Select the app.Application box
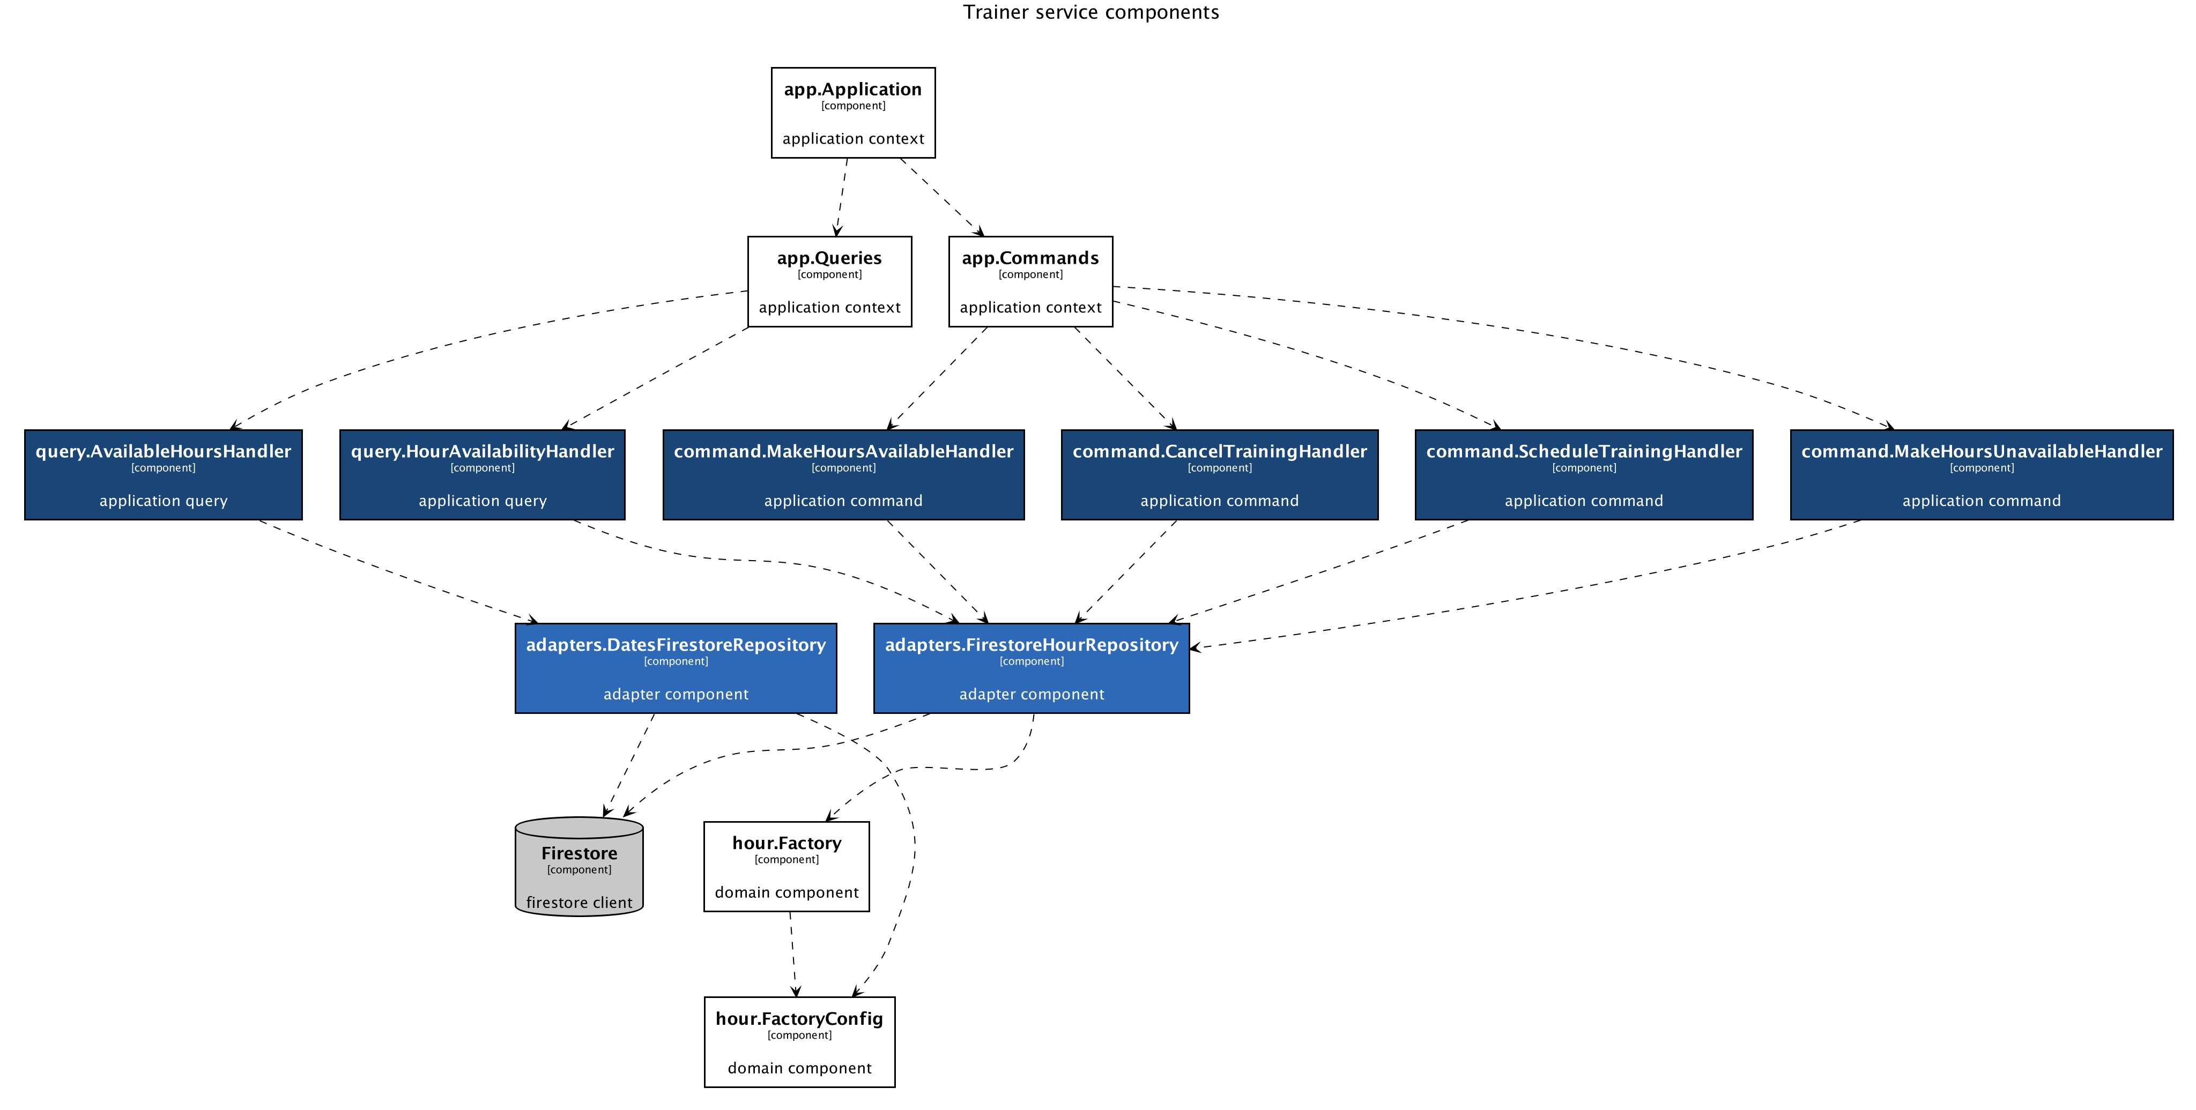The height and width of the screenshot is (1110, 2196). point(852,113)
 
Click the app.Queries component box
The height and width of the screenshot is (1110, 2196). point(829,281)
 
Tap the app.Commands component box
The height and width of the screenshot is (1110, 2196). point(1030,281)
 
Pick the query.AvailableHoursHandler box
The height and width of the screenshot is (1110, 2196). point(163,475)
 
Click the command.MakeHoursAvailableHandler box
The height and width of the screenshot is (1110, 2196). point(843,475)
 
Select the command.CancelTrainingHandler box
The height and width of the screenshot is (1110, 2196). point(1219,475)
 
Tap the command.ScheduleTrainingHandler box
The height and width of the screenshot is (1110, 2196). point(1583,475)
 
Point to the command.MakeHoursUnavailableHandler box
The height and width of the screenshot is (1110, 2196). point(1981,475)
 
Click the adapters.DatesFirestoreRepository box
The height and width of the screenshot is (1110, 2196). point(675,668)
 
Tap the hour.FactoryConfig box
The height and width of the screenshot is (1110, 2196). point(799,1042)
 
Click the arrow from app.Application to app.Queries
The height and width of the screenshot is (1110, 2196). point(841,197)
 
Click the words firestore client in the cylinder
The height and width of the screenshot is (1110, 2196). point(579,903)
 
